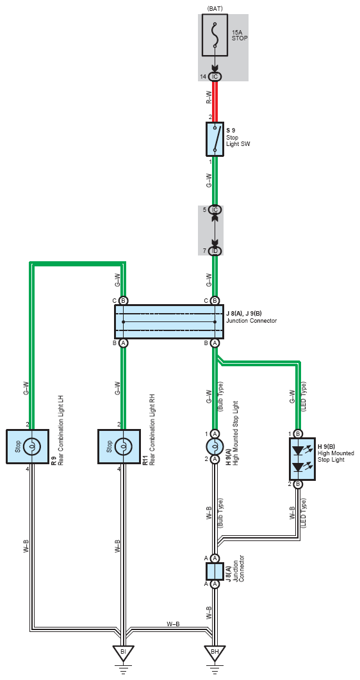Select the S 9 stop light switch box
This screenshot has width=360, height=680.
(214, 139)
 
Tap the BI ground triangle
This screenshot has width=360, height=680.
(123, 652)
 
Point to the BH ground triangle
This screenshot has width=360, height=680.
(214, 652)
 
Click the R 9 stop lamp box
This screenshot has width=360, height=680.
(28, 446)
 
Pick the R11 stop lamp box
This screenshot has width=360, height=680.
(119, 446)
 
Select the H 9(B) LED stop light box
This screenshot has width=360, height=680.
(302, 459)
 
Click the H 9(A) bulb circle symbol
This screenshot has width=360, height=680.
(214, 446)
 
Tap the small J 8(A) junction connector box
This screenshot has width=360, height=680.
(214, 571)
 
